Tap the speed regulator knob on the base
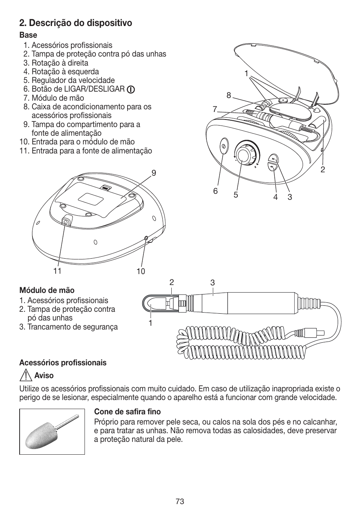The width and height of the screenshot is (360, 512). [x=245, y=155]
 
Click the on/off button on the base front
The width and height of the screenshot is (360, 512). [x=223, y=145]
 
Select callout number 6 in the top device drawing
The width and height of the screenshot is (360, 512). [x=215, y=191]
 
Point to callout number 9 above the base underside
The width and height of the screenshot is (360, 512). [x=154, y=173]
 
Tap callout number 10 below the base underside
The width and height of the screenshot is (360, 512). [x=141, y=271]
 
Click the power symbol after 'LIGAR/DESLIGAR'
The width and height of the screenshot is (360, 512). [x=131, y=89]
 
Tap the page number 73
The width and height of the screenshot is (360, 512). [x=180, y=501]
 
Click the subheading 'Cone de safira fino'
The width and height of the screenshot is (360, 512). [x=128, y=412]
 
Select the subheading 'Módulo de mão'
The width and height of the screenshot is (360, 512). [x=47, y=290]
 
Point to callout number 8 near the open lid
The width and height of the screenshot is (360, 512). [x=229, y=96]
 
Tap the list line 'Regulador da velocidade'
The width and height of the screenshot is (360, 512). [x=73, y=80]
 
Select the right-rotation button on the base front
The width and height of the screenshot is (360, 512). [x=274, y=159]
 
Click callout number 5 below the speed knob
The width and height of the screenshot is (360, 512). [x=235, y=195]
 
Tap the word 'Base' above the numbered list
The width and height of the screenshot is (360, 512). [x=28, y=35]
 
